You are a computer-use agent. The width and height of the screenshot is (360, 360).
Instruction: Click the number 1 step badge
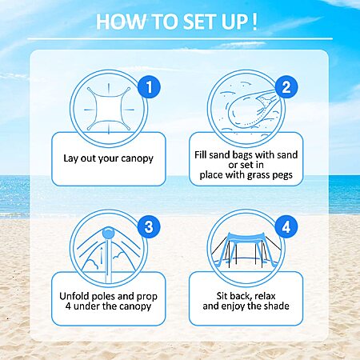[x=149, y=86]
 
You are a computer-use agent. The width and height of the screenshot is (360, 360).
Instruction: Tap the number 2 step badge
[x=286, y=86]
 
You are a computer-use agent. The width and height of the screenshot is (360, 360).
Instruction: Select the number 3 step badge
[x=149, y=226]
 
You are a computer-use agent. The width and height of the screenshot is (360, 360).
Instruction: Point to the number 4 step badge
[x=286, y=226]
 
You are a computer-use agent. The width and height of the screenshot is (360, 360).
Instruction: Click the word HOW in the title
[x=121, y=22]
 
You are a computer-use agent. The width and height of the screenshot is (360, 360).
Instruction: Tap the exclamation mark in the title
[x=254, y=22]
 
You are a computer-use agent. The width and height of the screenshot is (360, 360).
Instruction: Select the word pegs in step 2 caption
[x=282, y=175]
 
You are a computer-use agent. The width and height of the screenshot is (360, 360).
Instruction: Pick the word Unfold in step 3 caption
[x=74, y=296]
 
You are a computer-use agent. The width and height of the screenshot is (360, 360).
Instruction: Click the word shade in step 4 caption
[x=277, y=306]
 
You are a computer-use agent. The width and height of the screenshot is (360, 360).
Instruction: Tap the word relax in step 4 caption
[x=265, y=296]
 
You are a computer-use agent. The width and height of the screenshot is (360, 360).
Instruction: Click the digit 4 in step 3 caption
[x=68, y=306]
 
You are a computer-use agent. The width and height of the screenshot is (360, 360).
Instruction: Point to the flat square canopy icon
[x=109, y=109]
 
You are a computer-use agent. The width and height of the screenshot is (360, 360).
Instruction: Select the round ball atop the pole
[x=108, y=233]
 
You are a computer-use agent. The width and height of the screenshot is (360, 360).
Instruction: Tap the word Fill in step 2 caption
[x=200, y=154]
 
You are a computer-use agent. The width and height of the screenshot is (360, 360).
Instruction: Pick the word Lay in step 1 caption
[x=70, y=158]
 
